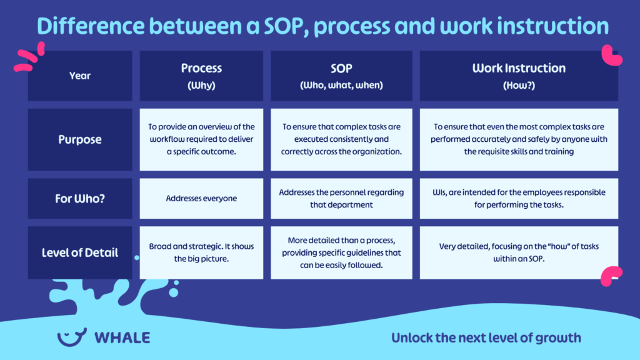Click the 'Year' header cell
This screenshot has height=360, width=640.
click(x=80, y=76)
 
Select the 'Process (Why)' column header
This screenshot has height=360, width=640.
click(x=201, y=76)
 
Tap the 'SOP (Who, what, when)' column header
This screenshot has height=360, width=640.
click(x=341, y=76)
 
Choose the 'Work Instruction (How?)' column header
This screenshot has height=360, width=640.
click(x=519, y=76)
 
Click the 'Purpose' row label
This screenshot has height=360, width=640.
click(x=80, y=139)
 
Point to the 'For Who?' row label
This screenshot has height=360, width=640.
click(x=80, y=199)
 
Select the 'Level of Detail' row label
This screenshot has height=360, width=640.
click(x=80, y=252)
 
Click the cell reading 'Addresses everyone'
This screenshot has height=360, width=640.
click(x=201, y=199)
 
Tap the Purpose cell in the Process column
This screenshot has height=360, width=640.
click(x=201, y=139)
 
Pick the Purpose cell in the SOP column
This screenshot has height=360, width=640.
click(x=341, y=139)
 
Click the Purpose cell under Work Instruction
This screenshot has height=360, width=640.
click(x=519, y=139)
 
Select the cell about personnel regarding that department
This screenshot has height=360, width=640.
click(x=341, y=199)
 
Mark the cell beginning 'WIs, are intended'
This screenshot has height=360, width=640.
click(x=519, y=199)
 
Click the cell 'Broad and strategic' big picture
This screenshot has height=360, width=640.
click(x=201, y=252)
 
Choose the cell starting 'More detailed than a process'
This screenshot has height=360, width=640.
click(x=341, y=252)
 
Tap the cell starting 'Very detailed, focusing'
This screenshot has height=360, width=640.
click(x=519, y=252)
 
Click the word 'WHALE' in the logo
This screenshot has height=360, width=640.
click(x=122, y=338)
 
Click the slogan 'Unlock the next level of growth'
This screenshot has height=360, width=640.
click(x=486, y=338)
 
